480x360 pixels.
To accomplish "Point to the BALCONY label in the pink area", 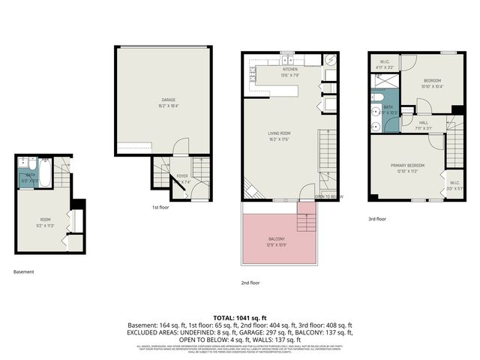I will point(276,240).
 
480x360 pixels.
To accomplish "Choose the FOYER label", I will point(181,177).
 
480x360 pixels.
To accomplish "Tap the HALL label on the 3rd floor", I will point(423,123).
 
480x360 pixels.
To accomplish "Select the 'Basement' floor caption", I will point(24,271).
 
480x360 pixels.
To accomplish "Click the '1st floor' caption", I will point(160,207).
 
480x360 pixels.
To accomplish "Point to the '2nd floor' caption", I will point(250,283).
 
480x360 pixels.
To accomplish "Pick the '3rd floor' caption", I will point(376,219).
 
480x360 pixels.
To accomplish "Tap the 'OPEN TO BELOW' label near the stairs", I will point(329,196).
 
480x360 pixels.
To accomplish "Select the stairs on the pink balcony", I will point(304,221).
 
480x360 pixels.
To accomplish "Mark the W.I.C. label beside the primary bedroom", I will point(454,182).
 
